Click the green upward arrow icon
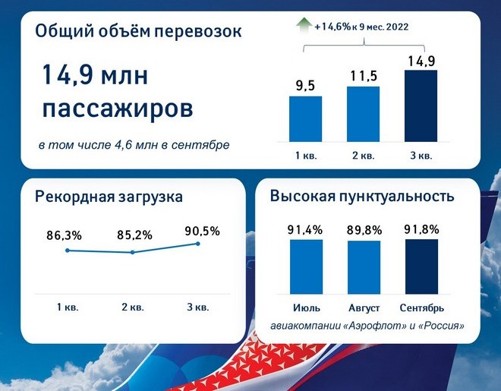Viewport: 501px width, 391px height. point(304,26)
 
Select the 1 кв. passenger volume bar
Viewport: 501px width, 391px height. point(305,119)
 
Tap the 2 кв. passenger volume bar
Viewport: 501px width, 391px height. point(364,114)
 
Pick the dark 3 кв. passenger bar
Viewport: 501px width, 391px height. point(421,106)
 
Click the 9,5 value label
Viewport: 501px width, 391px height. point(305,86)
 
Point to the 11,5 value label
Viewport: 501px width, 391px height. point(364,76)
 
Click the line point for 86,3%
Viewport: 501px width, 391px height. point(67,251)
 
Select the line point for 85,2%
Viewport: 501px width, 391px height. point(133,252)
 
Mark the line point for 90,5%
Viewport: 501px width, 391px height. point(198,244)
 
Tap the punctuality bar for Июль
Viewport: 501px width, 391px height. point(306,266)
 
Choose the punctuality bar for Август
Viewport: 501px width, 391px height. point(364,267)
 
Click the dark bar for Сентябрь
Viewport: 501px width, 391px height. point(421,266)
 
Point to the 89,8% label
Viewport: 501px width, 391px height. point(364,230)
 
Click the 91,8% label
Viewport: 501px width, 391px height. point(421,229)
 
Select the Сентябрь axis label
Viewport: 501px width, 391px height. point(422,308)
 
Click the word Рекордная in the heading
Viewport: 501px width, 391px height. point(74,197)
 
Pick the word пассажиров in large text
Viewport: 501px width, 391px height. point(118,109)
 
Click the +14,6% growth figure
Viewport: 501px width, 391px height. point(332,27)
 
